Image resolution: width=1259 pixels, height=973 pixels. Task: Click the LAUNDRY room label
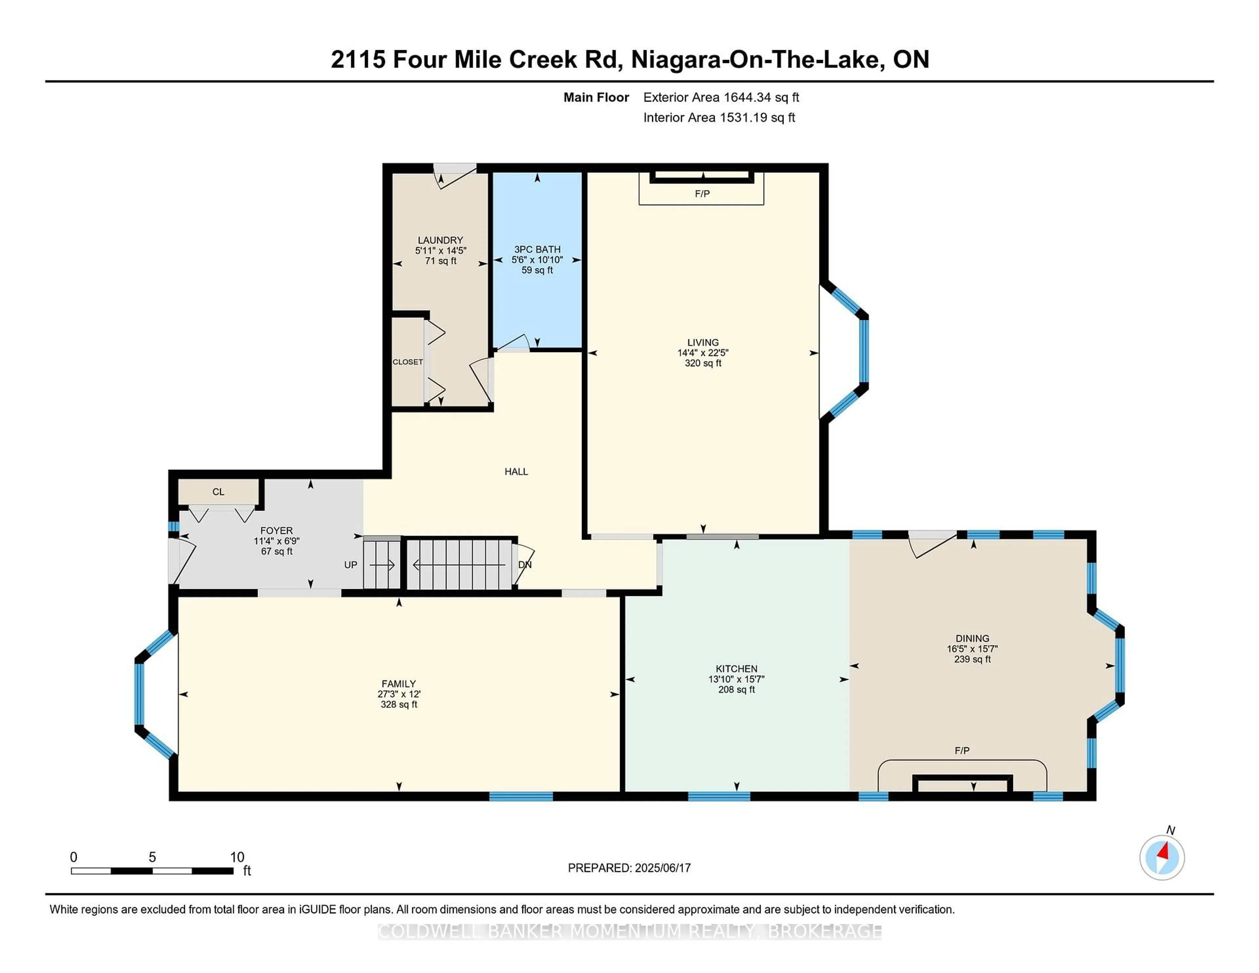(440, 240)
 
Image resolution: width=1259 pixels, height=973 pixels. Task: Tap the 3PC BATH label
(537, 249)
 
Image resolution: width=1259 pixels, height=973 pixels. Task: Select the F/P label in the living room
(702, 194)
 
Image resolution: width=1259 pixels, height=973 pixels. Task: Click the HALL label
(516, 471)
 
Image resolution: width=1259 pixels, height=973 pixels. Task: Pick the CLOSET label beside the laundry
(408, 362)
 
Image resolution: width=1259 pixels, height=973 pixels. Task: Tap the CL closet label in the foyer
(218, 492)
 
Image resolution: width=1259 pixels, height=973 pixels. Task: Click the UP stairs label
(350, 565)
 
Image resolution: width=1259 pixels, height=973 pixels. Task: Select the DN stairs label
(525, 565)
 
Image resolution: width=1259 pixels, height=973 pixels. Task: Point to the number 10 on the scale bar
(237, 857)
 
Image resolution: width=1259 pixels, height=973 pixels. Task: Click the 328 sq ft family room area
(399, 705)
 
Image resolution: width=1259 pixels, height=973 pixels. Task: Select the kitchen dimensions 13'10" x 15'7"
(736, 679)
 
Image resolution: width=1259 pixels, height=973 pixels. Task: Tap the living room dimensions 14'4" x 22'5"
(703, 353)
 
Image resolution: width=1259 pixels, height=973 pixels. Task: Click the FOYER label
(277, 530)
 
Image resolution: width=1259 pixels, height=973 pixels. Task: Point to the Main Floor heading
(596, 97)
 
